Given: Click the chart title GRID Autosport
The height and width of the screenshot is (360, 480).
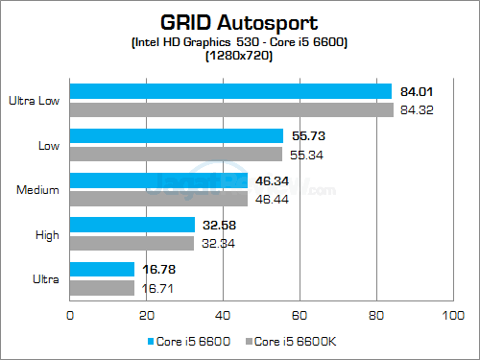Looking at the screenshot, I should pos(239,20).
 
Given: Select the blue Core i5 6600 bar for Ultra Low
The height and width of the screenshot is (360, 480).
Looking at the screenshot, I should pos(230,91).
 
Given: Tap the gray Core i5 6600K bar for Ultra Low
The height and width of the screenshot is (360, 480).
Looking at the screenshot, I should pos(231,108).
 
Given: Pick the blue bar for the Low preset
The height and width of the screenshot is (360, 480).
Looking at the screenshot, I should pos(177,136).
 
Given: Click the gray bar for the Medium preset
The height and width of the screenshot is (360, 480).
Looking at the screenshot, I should pos(158,198).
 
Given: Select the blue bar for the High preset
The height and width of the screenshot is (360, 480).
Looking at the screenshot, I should pos(132,225).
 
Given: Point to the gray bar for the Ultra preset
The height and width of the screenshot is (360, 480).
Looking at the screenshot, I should pos(102,287).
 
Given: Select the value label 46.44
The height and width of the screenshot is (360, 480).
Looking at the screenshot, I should pos(270,198).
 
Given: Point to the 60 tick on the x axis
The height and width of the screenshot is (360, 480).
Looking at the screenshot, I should pos(300,313).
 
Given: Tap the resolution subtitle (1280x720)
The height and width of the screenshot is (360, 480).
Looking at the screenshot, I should pos(239,56).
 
